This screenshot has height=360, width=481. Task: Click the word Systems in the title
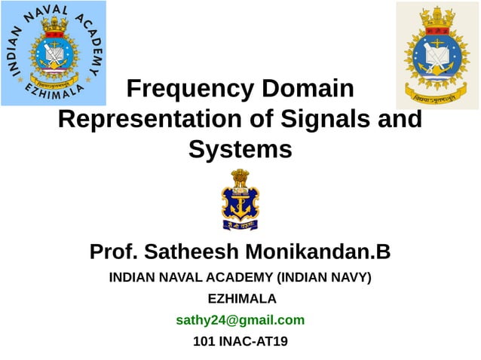click(x=240, y=149)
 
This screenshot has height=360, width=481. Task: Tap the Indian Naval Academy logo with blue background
click(x=54, y=53)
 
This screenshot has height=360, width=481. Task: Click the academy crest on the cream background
click(x=437, y=55)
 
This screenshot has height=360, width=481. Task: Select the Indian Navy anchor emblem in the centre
click(x=240, y=199)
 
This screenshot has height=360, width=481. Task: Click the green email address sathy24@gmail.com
click(x=240, y=319)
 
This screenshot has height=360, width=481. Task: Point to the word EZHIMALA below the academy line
click(x=241, y=298)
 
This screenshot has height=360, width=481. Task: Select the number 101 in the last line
click(x=205, y=341)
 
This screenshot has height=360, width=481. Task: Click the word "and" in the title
click(x=399, y=119)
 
